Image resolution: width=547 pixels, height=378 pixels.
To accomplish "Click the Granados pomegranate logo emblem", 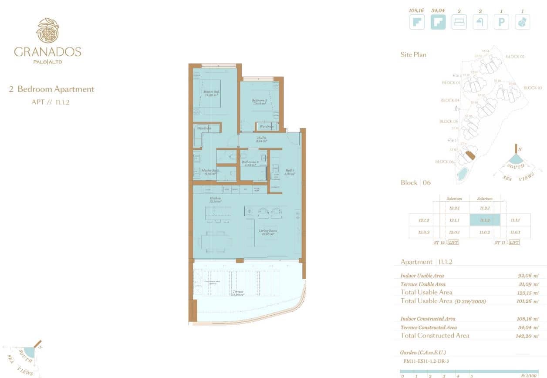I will point(47,30).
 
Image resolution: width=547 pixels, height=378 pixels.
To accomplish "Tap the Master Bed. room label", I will point(211,94).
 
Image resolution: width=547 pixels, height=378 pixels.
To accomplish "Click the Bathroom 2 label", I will point(250,163).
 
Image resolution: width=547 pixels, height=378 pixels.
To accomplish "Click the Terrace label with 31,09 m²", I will point(237,293).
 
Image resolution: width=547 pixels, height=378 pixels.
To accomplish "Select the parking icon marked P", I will point(501,22).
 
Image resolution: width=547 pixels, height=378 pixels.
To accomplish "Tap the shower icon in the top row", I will point(480,22).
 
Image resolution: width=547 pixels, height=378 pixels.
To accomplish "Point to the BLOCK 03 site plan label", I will point(532,88).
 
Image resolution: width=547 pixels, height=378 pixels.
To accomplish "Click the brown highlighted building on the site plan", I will point(469,154).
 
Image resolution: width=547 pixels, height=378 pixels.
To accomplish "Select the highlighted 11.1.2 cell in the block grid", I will point(485,220).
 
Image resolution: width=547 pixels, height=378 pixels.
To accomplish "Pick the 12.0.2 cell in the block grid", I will point(424,233).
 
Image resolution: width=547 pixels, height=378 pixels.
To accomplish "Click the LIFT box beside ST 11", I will point(514,243).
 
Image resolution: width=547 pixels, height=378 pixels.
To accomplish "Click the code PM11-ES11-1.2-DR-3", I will point(424,361).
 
